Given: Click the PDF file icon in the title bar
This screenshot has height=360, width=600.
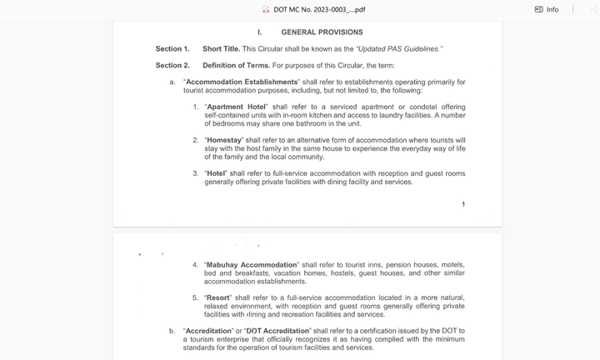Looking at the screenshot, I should point(266,9).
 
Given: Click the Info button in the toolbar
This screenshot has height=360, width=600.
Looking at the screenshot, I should point(547,9).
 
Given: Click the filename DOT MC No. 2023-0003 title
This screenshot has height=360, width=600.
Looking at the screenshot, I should point(319,9).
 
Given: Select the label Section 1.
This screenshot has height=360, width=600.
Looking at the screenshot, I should point(172,49).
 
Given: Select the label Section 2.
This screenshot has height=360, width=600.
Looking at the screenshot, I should point(172,65).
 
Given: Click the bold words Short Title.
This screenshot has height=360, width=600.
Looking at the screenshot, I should point(221,49).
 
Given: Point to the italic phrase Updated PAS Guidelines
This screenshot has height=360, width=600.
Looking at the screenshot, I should point(398,49).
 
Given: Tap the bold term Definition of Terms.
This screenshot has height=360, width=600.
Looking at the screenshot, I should point(236,65).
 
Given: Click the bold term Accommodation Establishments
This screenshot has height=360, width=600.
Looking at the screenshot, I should point(242,82).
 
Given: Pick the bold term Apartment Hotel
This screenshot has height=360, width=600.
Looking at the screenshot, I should point(237,107).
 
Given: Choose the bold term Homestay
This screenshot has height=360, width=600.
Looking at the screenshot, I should point(223,140).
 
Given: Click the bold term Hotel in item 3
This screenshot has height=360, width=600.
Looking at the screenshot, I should point(215,173).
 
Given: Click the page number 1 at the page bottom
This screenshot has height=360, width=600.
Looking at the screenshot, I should point(463,204).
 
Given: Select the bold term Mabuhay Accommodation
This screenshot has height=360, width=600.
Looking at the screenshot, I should point(251,265).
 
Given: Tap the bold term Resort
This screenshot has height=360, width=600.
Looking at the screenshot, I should point(217,297).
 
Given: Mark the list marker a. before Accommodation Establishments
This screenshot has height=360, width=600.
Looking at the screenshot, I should point(172,82).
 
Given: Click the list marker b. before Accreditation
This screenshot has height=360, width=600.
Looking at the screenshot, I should point(172,331).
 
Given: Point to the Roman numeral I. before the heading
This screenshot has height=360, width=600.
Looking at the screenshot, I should point(259,32).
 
